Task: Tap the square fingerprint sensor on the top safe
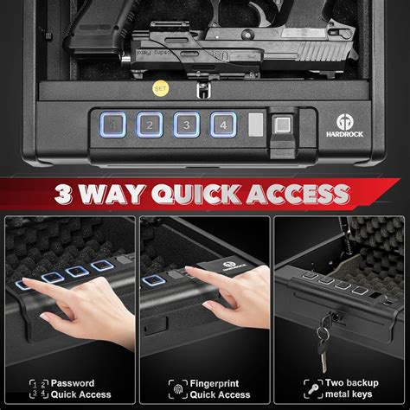283,125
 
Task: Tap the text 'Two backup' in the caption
351,381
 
